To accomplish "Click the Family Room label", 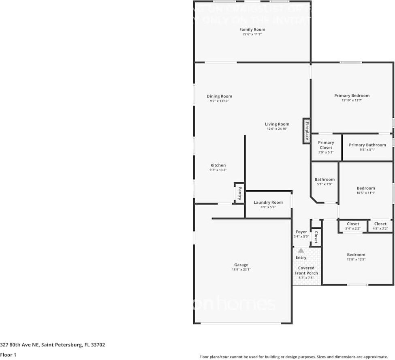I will [x=252, y=30].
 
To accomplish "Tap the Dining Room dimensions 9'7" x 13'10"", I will [x=220, y=101].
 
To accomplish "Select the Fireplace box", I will [x=307, y=131].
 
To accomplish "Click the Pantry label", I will [x=239, y=193].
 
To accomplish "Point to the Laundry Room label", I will [x=268, y=202].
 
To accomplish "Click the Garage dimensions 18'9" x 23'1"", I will [x=241, y=269].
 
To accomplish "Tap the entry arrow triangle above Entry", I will [x=301, y=251].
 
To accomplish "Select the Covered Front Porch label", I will [x=306, y=271].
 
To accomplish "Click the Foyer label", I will [x=301, y=232].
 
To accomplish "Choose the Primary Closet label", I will [x=326, y=145].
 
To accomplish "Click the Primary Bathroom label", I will [x=367, y=145].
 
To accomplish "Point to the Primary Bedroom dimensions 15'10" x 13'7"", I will [x=352, y=100].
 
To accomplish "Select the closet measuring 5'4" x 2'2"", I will [x=352, y=226].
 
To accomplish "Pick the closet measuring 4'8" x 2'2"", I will [x=380, y=226].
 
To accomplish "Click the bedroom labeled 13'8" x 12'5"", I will [x=356, y=257].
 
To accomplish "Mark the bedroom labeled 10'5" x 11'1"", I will [x=366, y=190].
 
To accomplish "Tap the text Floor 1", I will [x=8, y=355].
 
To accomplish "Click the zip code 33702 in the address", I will [x=98, y=345].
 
